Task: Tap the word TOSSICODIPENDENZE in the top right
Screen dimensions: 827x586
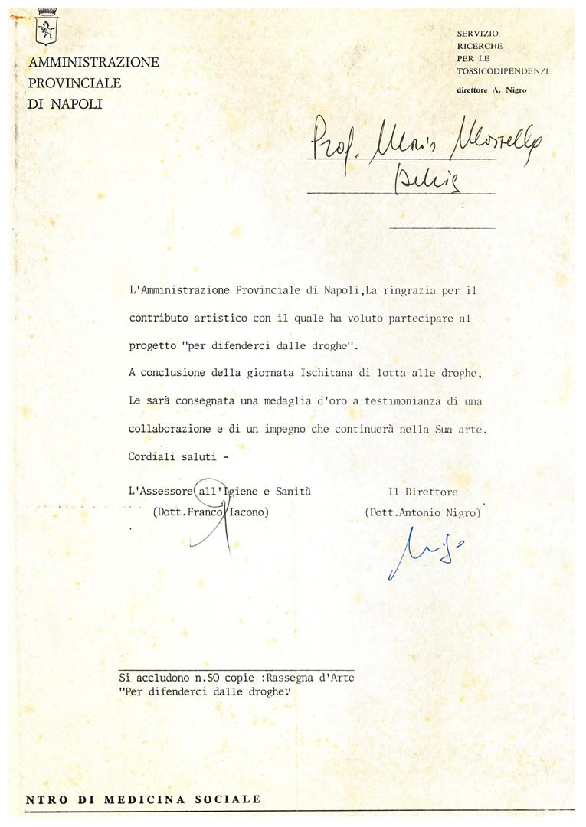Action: [x=503, y=70]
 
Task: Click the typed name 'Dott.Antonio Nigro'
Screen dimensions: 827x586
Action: [x=423, y=512]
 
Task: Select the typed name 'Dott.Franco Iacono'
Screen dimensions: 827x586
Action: [x=211, y=512]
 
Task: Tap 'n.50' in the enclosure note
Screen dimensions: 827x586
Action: [x=205, y=678]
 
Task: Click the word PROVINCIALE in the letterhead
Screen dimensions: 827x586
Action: [x=74, y=83]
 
